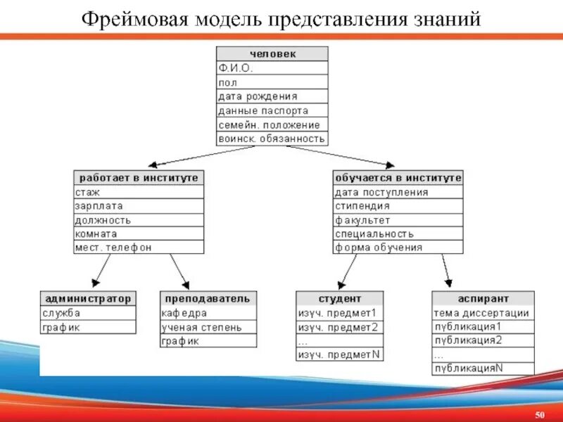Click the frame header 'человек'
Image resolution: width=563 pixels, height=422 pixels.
(272, 53)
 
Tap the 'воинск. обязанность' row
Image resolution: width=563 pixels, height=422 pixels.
(272, 139)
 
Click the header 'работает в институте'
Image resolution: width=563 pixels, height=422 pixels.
(139, 178)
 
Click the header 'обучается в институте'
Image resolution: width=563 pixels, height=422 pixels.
(398, 178)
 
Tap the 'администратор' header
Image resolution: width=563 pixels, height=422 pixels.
(88, 299)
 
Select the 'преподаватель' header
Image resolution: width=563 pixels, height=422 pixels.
(208, 299)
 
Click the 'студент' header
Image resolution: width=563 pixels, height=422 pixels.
(340, 299)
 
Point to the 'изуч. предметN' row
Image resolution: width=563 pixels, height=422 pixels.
(340, 354)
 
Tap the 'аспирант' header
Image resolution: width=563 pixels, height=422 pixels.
(482, 299)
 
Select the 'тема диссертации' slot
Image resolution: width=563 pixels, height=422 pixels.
(482, 313)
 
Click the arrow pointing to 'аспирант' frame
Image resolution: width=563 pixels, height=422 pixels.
(446, 271)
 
